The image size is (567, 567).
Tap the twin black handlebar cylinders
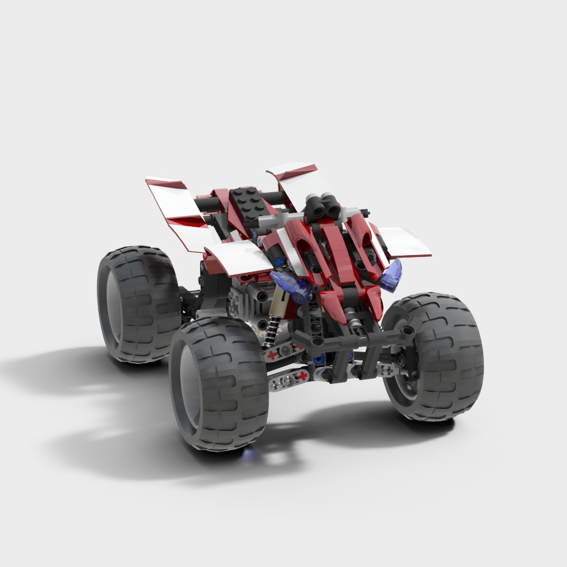click(x=322, y=206)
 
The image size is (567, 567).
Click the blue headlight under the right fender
click(x=392, y=274)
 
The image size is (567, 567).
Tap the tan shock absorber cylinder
click(x=279, y=303)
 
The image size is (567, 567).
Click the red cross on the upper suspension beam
click(x=274, y=355)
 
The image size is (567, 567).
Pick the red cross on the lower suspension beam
click(x=303, y=375)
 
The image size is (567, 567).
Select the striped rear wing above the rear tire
click(x=176, y=210)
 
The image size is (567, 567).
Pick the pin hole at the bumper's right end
click(x=408, y=330)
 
